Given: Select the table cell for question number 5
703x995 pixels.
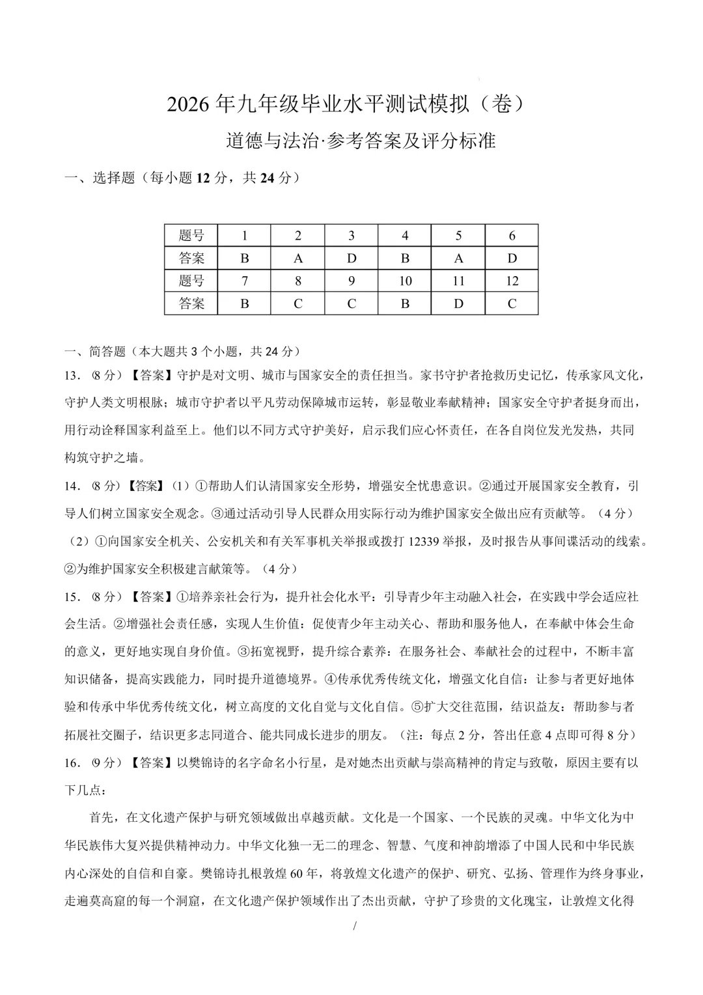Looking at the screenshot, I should click(458, 236).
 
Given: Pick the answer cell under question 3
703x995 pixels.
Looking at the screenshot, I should click(351, 259).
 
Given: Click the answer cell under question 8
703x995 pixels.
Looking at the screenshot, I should click(298, 303).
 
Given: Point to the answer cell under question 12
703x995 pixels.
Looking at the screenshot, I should click(512, 303).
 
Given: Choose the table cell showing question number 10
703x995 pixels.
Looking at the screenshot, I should click(405, 281).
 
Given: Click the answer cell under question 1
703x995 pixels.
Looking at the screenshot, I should click(245, 259).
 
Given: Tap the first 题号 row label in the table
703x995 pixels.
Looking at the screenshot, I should click(191, 236).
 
